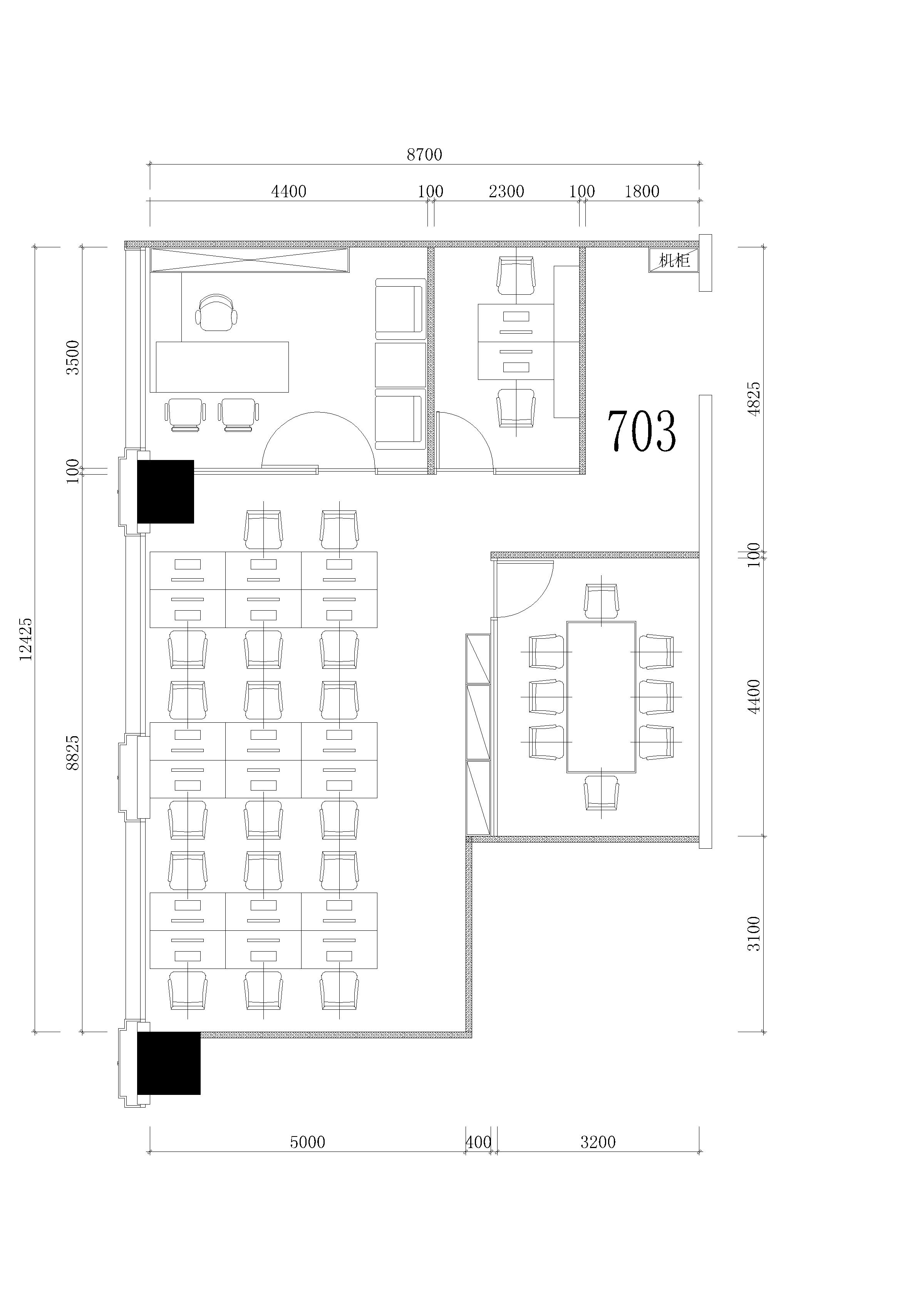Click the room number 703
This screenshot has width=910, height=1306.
(642, 431)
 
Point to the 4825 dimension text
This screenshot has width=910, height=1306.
(754, 399)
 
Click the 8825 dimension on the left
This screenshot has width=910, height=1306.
(73, 753)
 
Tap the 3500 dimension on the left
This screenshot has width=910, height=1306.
(73, 357)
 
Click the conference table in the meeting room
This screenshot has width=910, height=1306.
(601, 697)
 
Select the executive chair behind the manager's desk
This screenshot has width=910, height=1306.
(216, 312)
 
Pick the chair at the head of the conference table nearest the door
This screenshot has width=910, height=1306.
(601, 601)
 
